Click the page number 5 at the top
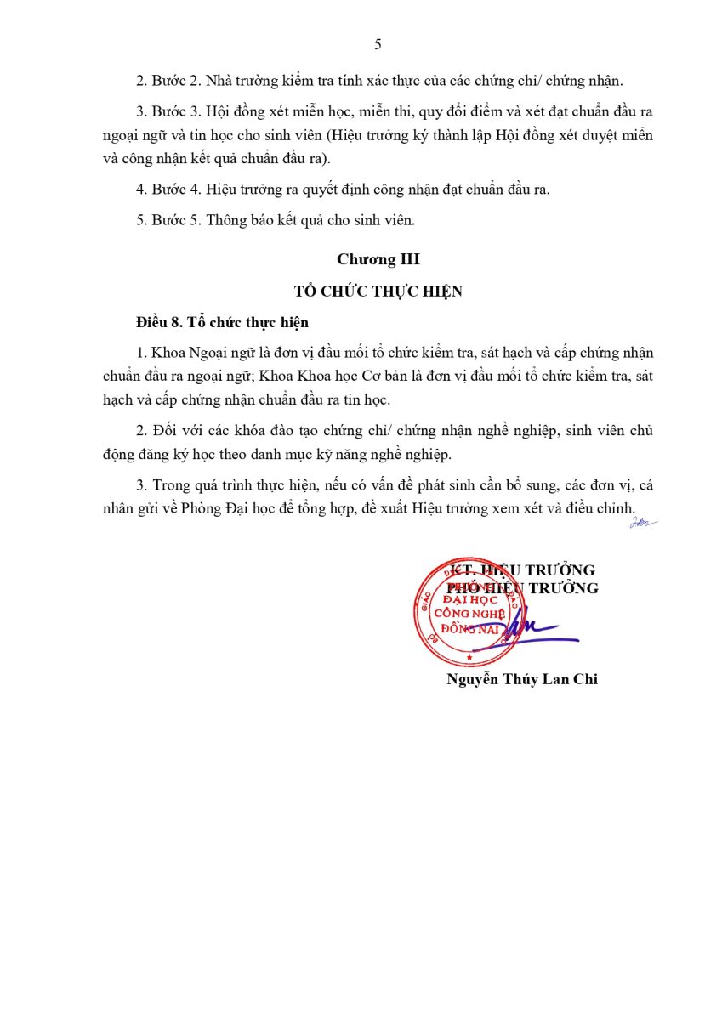pos(378,45)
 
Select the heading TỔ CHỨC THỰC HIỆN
pos(378,291)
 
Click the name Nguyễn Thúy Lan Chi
pos(521,679)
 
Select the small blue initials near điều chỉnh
pos(642,522)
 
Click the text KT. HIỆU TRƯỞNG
pos(522,570)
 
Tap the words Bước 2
pos(174,82)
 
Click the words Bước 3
pos(174,112)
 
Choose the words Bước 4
pos(174,190)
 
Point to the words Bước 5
pos(174,220)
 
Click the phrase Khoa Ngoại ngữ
pos(192,353)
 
